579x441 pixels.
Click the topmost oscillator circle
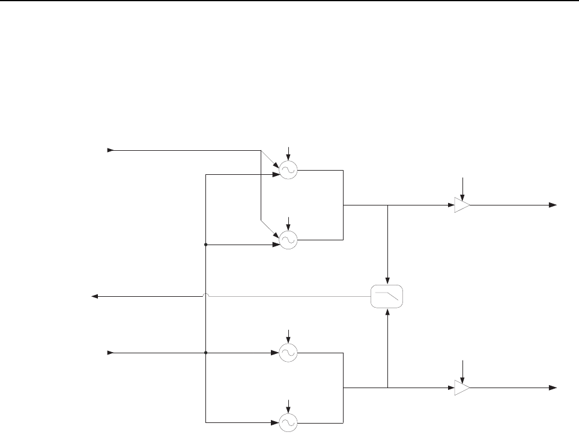[x=288, y=171]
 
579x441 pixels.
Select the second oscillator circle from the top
[x=288, y=240]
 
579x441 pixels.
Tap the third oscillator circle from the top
[x=288, y=353]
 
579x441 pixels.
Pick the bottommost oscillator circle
[x=288, y=423]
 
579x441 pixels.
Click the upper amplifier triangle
[x=462, y=205]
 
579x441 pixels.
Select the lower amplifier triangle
[x=462, y=388]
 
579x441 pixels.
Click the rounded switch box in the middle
[x=387, y=296]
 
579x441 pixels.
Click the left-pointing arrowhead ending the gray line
[x=95, y=296]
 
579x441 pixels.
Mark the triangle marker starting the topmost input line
[x=111, y=150]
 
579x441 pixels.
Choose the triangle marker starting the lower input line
[x=111, y=353]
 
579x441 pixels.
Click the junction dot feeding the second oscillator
[x=206, y=245]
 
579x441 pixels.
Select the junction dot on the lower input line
[x=206, y=353]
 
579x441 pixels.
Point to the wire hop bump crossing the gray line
[x=206, y=295]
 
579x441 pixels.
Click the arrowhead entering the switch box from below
[x=387, y=311]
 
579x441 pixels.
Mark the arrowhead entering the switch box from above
[x=387, y=281]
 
